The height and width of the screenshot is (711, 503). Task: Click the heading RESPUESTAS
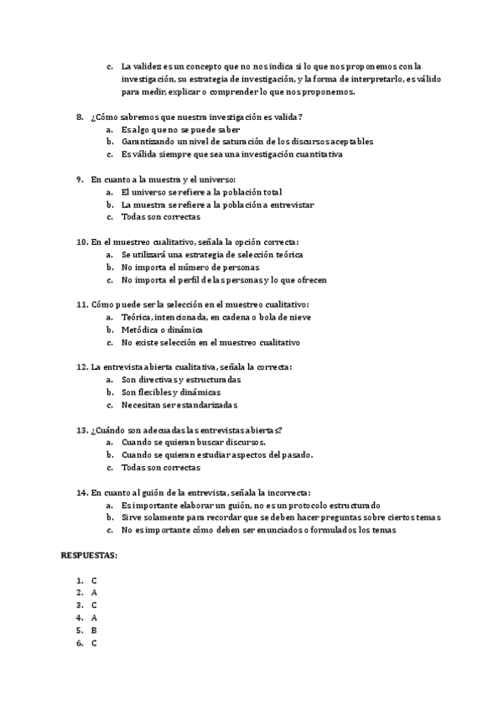pyautogui.click(x=89, y=556)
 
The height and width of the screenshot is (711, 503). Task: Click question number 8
pyautogui.click(x=80, y=117)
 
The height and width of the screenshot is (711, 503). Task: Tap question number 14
pyautogui.click(x=81, y=493)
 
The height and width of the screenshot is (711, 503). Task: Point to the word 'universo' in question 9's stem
pyautogui.click(x=218, y=179)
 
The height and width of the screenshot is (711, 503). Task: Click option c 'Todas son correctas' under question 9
pyautogui.click(x=161, y=217)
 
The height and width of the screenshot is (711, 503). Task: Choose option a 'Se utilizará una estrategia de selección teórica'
pyautogui.click(x=212, y=254)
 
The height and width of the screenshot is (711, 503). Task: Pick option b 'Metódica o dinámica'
pyautogui.click(x=162, y=330)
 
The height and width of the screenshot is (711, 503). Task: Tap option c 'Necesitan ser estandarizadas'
pyautogui.click(x=180, y=405)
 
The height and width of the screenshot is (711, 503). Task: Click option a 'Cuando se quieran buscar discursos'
pyautogui.click(x=194, y=443)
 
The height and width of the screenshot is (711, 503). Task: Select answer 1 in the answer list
pyautogui.click(x=94, y=580)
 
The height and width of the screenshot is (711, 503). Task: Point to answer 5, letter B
pyautogui.click(x=94, y=631)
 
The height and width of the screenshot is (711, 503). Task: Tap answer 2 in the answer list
pyautogui.click(x=94, y=593)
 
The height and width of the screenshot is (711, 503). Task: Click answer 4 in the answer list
pyautogui.click(x=94, y=618)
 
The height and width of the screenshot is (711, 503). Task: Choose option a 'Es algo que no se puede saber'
pyautogui.click(x=181, y=129)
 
